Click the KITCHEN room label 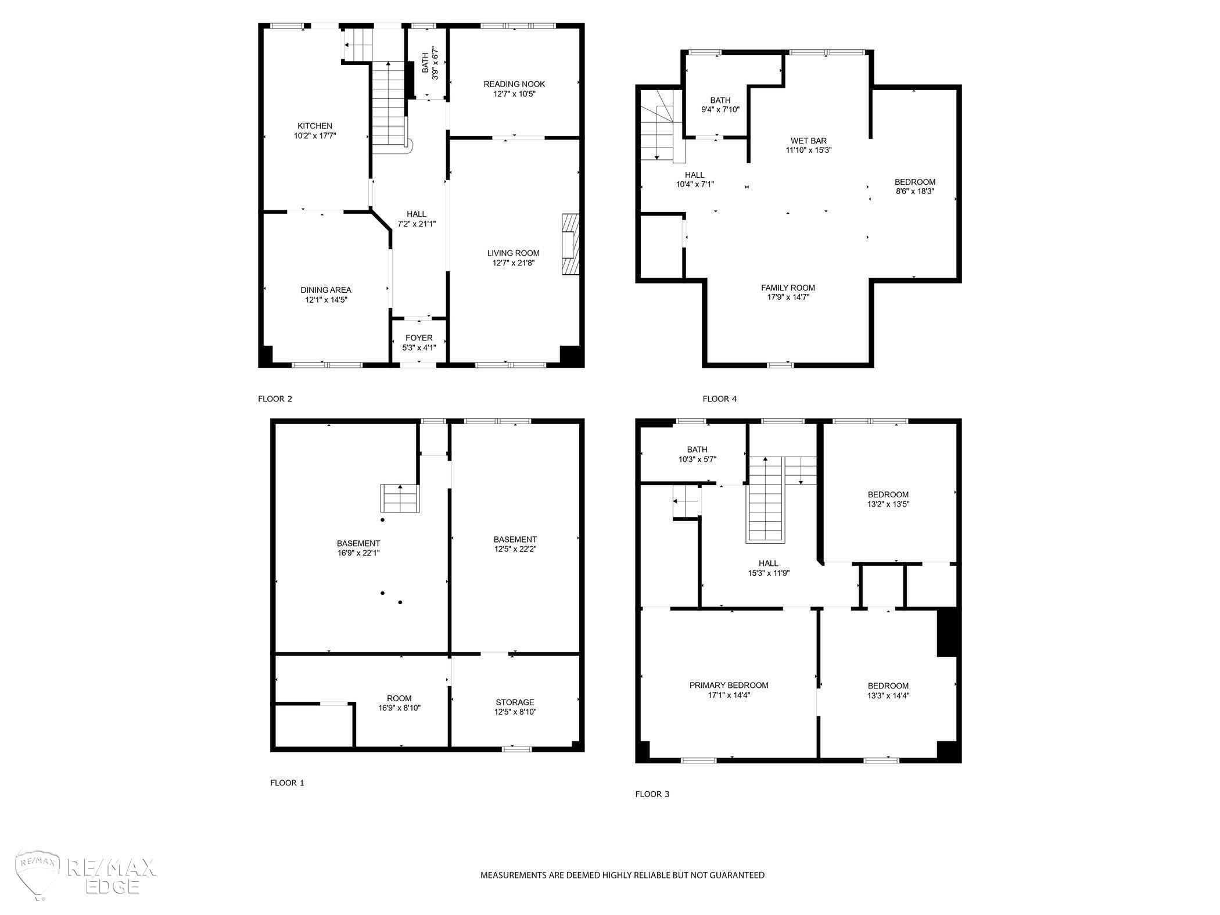point(315,126)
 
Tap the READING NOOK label point(514,84)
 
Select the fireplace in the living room point(570,244)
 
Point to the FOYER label point(419,338)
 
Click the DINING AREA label point(326,290)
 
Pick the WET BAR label point(809,141)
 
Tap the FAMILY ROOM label point(788,288)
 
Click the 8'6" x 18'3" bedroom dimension point(915,191)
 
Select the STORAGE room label point(515,702)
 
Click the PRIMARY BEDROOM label point(729,686)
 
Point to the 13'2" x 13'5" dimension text point(888,504)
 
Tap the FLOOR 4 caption point(720,399)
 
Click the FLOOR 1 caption point(287,783)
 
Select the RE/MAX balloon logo point(39,875)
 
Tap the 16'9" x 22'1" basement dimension point(358,553)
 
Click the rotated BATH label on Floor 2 point(425,63)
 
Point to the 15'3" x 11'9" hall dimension point(769,573)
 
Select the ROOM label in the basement point(399,698)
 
